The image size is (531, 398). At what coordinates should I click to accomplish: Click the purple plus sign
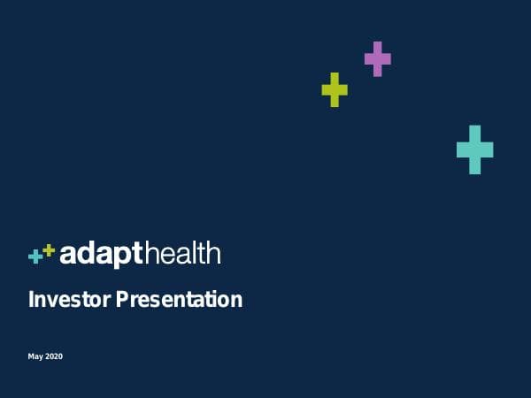click(x=378, y=58)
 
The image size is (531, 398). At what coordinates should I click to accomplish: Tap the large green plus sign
click(x=335, y=89)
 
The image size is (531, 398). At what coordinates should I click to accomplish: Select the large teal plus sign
click(x=475, y=149)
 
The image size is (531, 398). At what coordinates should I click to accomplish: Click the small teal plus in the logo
click(x=35, y=256)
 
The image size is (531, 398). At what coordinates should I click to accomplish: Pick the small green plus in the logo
click(x=49, y=250)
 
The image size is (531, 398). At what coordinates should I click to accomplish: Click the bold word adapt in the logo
click(x=101, y=255)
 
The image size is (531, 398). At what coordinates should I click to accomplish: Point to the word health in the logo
click(x=181, y=254)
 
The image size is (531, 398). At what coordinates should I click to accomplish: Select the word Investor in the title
click(x=64, y=300)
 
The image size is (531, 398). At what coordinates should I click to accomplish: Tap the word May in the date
click(x=35, y=356)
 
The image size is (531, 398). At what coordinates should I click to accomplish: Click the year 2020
click(x=54, y=356)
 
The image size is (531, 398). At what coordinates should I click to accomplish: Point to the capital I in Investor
click(x=31, y=300)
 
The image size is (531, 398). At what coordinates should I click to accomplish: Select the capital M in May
click(x=32, y=356)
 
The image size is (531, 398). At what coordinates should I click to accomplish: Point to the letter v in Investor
click(x=50, y=301)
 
